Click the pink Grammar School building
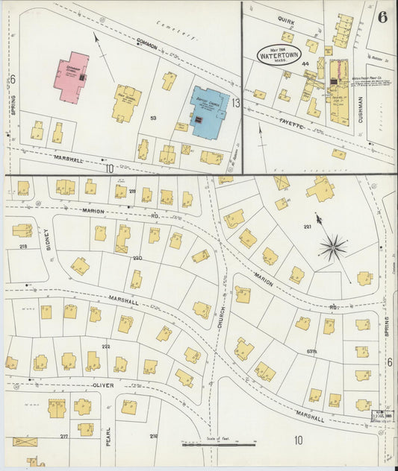click(x=71, y=76)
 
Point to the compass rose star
click(x=334, y=244)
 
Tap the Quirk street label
click(x=285, y=22)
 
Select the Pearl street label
click(x=108, y=434)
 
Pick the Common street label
click(x=147, y=45)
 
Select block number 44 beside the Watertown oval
click(x=305, y=64)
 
